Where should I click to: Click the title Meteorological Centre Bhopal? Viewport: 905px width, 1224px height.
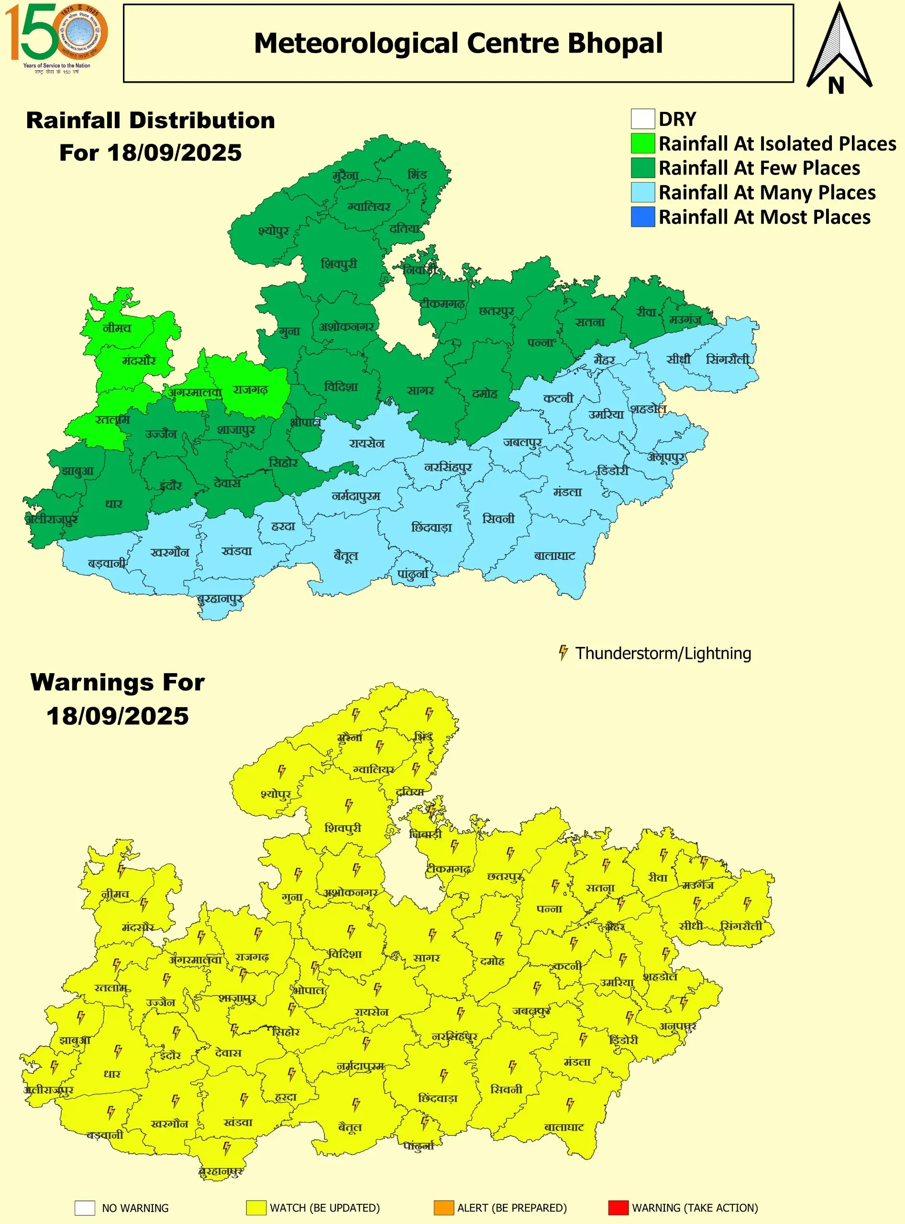click(458, 43)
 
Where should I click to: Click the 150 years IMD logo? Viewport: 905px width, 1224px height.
click(56, 37)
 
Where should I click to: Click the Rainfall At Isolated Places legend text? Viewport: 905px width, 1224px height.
click(777, 143)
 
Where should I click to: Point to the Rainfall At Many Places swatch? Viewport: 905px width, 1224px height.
click(642, 192)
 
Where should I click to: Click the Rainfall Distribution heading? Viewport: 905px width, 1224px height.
click(151, 120)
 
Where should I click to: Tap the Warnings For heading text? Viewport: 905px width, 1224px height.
click(118, 682)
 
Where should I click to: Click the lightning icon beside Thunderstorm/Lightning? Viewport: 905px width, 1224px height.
click(563, 652)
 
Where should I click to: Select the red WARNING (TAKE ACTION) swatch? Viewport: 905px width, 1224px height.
click(618, 1208)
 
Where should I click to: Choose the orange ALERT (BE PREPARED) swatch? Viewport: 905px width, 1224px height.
click(443, 1208)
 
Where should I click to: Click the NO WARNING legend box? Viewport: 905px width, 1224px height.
click(85, 1208)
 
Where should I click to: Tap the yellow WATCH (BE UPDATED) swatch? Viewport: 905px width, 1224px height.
click(256, 1208)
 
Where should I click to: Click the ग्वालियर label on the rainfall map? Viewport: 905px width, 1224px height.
click(369, 207)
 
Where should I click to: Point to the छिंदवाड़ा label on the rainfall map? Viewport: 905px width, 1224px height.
click(431, 527)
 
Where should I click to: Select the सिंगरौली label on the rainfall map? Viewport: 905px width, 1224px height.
click(727, 359)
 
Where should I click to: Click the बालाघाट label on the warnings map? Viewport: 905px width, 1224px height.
click(563, 1127)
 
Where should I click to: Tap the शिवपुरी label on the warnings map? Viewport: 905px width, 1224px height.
click(343, 828)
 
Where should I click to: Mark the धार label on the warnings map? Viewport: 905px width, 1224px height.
click(112, 1073)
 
